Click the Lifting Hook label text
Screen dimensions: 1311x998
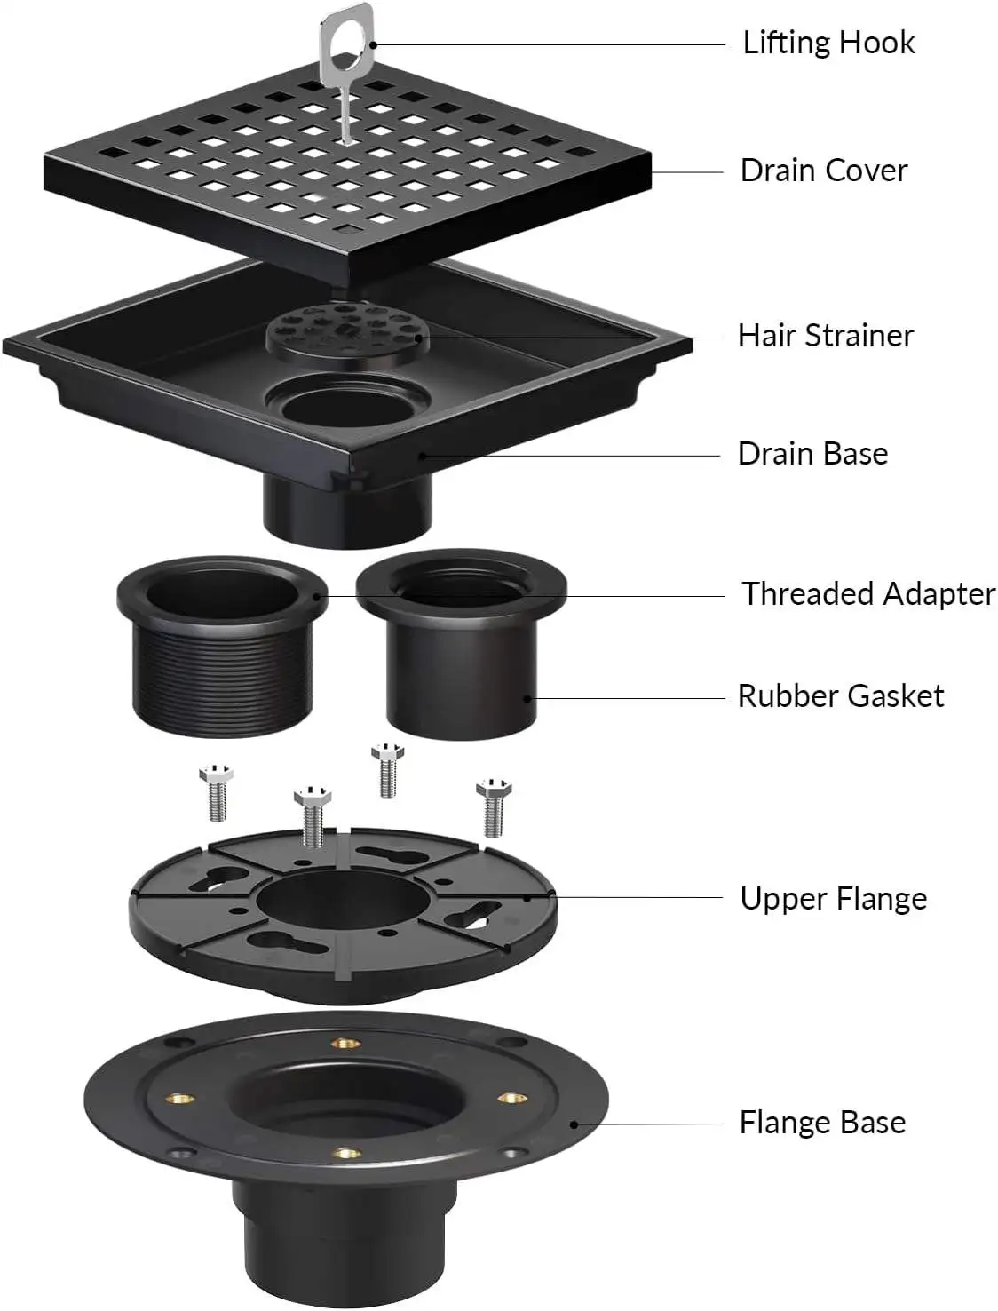pos(828,43)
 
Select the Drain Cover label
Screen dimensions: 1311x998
pos(823,171)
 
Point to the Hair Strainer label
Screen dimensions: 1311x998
pos(825,336)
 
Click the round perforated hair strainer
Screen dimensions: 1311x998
pos(347,331)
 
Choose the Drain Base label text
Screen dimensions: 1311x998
pos(812,454)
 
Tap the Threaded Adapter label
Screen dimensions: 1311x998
pos(867,593)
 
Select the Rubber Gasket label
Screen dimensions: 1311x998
pos(840,695)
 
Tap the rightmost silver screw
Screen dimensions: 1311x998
pos(495,806)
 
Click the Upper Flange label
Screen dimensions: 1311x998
pos(833,899)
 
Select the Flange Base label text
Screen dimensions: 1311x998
pos(821,1123)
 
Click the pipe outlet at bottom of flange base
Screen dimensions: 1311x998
pos(346,1252)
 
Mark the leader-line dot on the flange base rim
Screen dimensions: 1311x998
pos(574,1124)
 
